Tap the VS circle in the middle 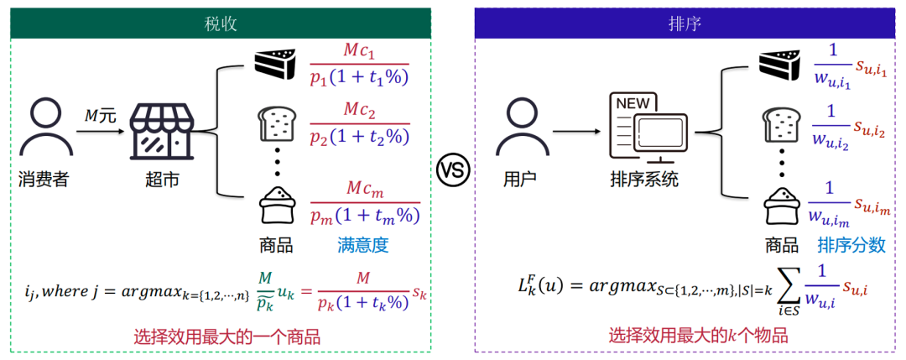452,172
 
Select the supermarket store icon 162,132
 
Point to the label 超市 162,180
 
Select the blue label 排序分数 851,246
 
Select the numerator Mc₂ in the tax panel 361,111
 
